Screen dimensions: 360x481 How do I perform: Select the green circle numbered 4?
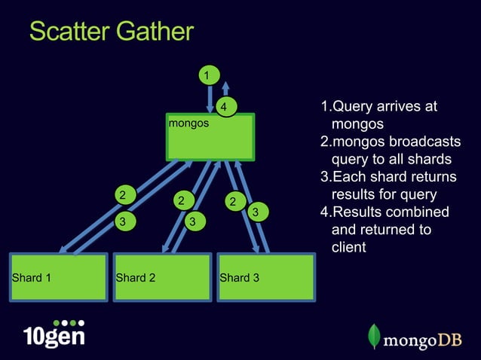(225, 107)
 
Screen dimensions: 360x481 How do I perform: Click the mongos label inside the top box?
(188, 122)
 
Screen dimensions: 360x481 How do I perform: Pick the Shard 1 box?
(59, 277)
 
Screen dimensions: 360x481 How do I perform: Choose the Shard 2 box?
(161, 277)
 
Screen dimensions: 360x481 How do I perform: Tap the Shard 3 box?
(265, 277)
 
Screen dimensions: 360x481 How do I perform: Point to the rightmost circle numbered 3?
(256, 213)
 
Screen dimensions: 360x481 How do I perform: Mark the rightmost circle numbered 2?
(234, 202)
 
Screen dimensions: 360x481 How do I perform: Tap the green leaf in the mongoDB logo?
(374, 336)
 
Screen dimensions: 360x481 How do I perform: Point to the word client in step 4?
(349, 246)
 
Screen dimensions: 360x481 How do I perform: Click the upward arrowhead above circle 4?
(225, 84)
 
